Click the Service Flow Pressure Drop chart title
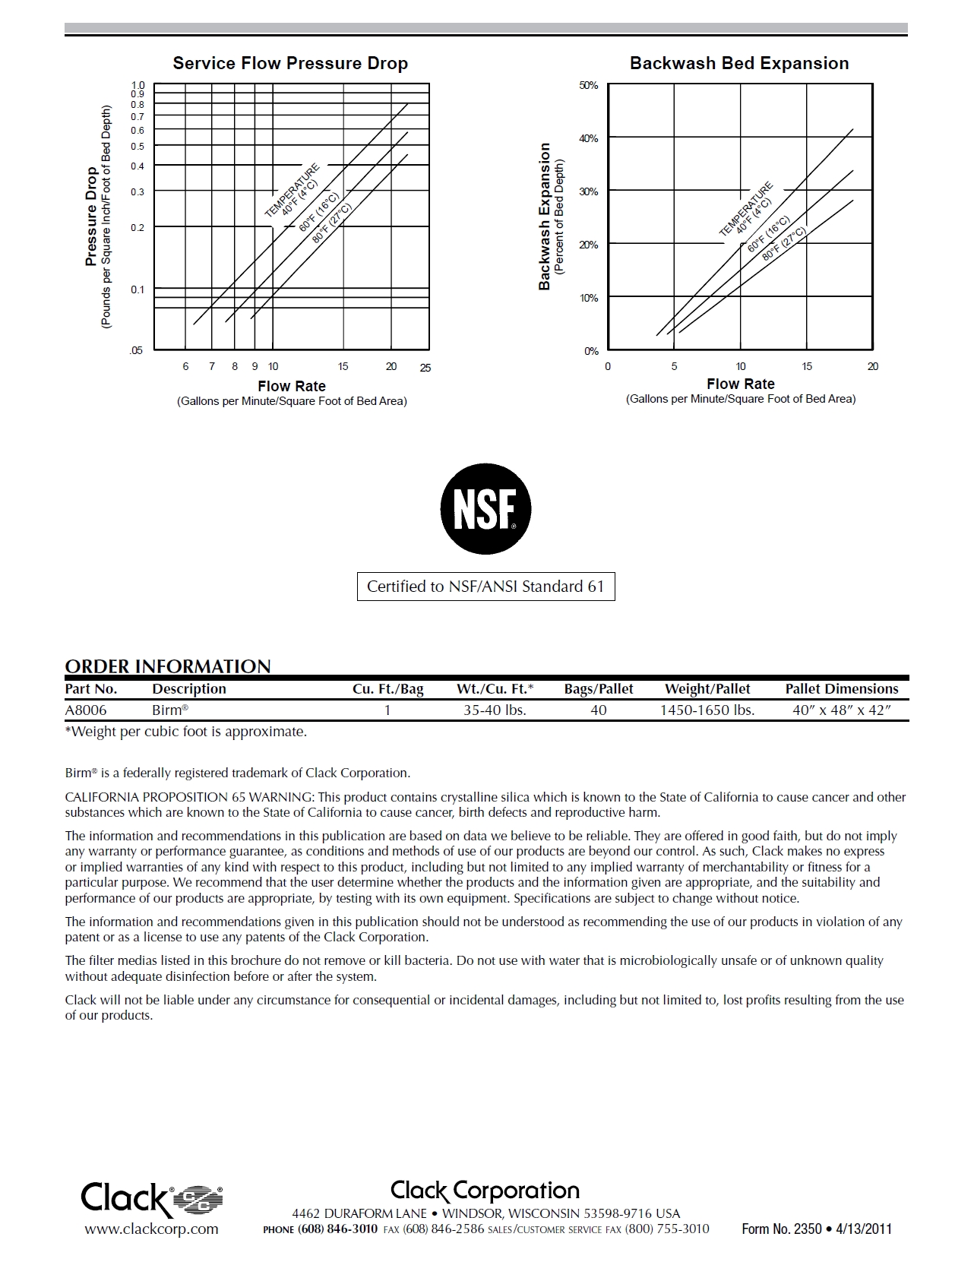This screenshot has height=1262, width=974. (290, 63)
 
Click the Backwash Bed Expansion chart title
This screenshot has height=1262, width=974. (739, 63)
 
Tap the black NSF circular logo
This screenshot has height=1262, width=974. (485, 509)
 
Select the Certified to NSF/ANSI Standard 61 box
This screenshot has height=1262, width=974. (485, 587)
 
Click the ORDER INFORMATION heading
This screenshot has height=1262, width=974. (168, 666)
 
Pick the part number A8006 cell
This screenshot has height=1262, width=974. (86, 710)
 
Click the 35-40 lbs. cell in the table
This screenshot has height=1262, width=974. (495, 710)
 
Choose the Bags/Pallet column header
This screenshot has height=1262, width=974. (599, 689)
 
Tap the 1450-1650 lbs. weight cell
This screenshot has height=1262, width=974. (707, 710)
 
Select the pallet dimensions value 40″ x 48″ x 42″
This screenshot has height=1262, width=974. (841, 710)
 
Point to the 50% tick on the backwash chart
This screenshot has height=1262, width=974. (589, 86)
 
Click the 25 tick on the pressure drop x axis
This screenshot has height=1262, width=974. (425, 368)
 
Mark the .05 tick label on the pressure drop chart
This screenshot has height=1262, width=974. (136, 350)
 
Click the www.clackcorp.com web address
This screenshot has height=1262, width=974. (151, 1229)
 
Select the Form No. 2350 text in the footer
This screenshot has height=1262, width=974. (781, 1229)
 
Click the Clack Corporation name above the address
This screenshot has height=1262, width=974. (485, 1191)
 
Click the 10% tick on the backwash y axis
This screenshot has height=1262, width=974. (589, 298)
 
